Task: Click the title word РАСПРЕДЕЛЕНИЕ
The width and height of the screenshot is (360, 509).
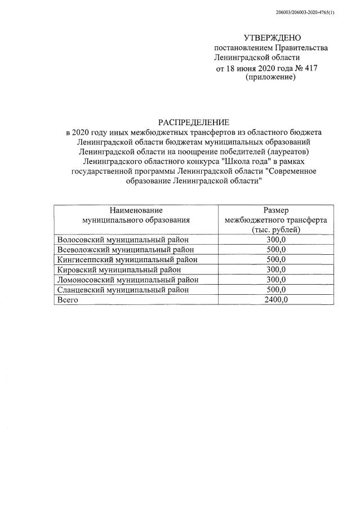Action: [193, 122]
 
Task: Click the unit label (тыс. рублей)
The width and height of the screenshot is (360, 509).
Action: [276, 229]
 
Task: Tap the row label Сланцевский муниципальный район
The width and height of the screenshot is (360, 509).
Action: [123, 290]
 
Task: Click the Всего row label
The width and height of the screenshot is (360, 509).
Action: [68, 300]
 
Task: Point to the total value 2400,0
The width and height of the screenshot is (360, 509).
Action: [276, 300]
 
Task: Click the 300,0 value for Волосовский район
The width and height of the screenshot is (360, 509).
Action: [276, 240]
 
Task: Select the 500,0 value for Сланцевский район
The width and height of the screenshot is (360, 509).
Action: [276, 290]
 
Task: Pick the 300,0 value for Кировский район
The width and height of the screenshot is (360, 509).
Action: [276, 269]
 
